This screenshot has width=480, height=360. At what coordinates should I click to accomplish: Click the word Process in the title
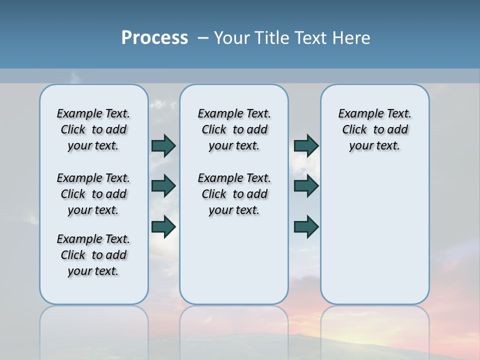154,38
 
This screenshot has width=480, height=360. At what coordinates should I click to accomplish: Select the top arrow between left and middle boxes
163,145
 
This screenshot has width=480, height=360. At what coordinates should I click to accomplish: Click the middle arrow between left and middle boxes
163,186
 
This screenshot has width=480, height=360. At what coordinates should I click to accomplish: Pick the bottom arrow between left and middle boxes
163,226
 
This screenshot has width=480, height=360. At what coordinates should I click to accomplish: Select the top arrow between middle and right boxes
306,145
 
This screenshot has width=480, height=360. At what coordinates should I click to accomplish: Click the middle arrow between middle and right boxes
306,186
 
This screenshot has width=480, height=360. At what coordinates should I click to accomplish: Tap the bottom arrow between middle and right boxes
306,226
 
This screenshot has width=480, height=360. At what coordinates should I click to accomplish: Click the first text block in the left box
93,129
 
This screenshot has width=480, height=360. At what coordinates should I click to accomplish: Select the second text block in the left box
93,194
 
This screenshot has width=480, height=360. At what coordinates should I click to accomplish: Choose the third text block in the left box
93,255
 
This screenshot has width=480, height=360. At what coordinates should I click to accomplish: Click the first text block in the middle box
234,129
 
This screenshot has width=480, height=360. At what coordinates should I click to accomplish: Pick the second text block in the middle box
234,194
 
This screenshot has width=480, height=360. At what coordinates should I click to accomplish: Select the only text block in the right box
374,129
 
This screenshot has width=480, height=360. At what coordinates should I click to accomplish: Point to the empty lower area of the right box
374,230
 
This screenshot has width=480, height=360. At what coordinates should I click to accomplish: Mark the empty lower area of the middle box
234,260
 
